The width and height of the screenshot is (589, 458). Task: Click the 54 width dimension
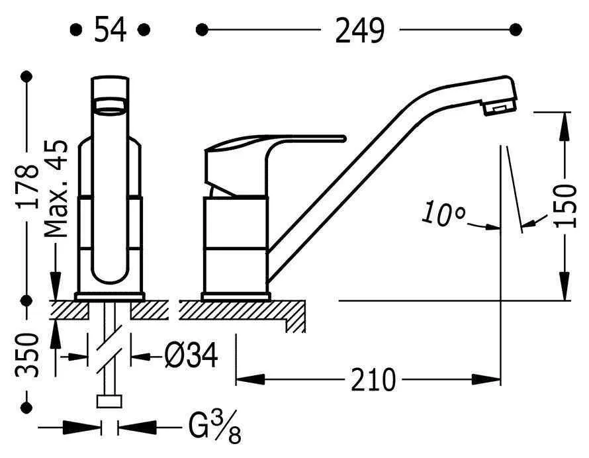pos(110,29)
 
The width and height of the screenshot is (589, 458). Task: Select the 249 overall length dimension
pos(360,30)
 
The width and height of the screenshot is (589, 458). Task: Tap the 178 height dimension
pos(27,187)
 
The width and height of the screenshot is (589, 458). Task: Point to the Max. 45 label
pos(56,189)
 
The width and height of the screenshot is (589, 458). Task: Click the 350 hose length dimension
pos(27,355)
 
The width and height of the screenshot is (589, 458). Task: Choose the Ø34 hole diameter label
pos(191,355)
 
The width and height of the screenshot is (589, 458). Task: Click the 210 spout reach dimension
pos(373,379)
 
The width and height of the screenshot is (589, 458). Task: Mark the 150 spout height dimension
pos(565,206)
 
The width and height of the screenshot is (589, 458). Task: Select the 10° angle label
pos(443,214)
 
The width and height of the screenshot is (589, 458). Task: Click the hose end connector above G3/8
pos(109,401)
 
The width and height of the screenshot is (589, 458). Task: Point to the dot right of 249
pos(516,29)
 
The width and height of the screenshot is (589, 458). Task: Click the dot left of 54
pos(76,29)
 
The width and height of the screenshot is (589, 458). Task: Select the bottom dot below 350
pos(26,407)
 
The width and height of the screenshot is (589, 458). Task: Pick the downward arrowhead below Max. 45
pos(56,285)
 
